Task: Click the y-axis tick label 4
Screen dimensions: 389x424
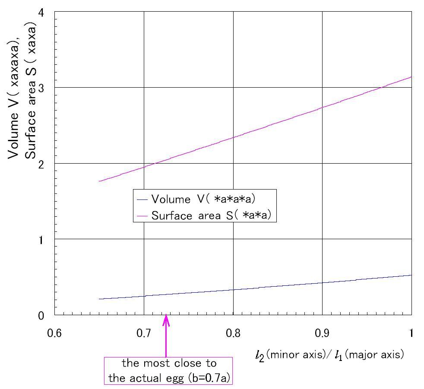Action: [41, 13]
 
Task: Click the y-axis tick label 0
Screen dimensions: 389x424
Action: [41, 316]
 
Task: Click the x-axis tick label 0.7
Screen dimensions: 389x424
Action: [144, 333]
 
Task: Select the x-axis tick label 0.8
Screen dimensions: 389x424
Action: [233, 333]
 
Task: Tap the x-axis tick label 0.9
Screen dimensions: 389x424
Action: [323, 333]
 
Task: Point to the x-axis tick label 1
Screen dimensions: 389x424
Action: [411, 333]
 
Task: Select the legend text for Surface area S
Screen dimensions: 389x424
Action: [212, 215]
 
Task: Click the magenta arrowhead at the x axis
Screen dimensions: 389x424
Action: [166, 320]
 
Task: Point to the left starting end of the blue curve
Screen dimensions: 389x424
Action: [99, 299]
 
